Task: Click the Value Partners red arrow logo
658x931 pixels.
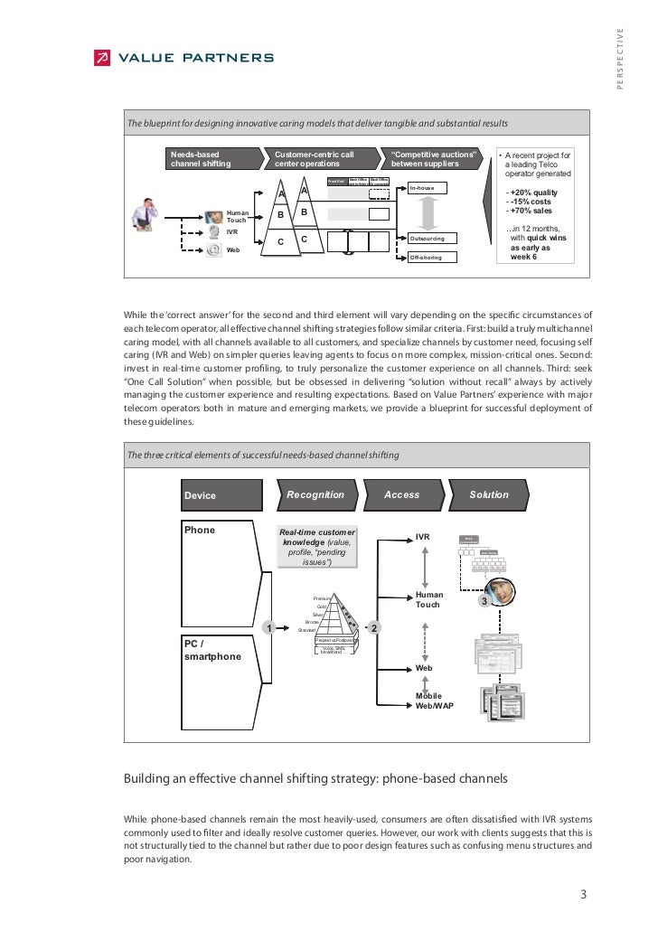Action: coord(101,59)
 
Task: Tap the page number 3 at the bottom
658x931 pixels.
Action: coord(584,895)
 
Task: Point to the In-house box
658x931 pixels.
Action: coord(432,188)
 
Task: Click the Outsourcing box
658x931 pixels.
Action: coord(432,239)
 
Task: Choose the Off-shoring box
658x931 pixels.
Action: coord(432,258)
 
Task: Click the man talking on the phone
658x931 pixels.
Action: coord(145,212)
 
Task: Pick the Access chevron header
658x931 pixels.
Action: coord(402,495)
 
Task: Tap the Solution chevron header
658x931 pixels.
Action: coord(488,495)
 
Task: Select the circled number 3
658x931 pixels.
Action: coord(484,601)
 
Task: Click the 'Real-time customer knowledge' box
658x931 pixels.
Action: coord(317,547)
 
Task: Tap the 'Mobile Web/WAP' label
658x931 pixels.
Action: coord(435,701)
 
